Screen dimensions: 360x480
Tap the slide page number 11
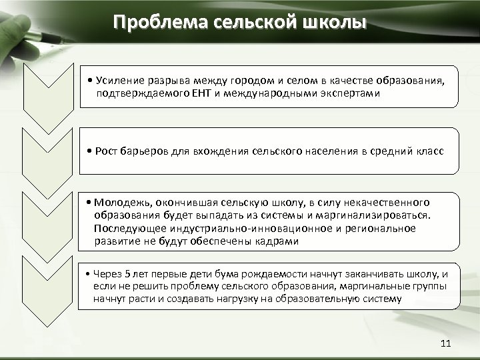tap(446, 343)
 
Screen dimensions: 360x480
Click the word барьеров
tap(144, 152)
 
